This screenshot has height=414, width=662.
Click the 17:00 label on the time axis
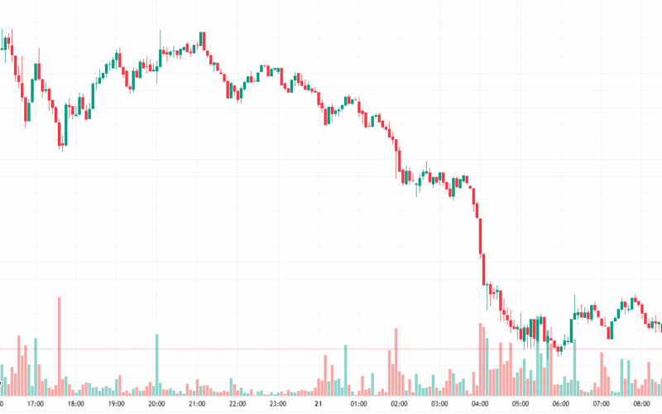[x=35, y=405]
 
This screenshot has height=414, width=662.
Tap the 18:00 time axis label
[x=75, y=405]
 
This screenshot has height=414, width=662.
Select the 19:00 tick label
[x=116, y=405]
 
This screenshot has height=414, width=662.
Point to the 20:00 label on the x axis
[x=156, y=405]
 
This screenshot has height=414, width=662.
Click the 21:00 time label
[x=197, y=405]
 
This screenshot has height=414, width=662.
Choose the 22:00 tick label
[x=237, y=405]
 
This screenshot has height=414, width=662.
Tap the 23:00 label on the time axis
[x=278, y=405]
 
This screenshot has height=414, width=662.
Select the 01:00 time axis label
[x=358, y=405]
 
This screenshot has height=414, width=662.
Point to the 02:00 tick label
[x=399, y=405]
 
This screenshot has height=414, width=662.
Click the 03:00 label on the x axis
[x=439, y=405]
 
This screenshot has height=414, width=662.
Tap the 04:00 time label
[x=480, y=405]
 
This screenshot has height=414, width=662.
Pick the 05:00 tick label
[x=520, y=405]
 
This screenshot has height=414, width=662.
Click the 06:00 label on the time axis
[x=561, y=405]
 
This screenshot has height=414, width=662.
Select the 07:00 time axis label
[x=602, y=405]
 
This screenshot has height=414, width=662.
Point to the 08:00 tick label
[x=642, y=405]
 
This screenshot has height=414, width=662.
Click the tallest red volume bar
[x=60, y=348]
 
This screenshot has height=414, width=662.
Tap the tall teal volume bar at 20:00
[x=157, y=364]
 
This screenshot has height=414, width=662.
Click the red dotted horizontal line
[x=248, y=349]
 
